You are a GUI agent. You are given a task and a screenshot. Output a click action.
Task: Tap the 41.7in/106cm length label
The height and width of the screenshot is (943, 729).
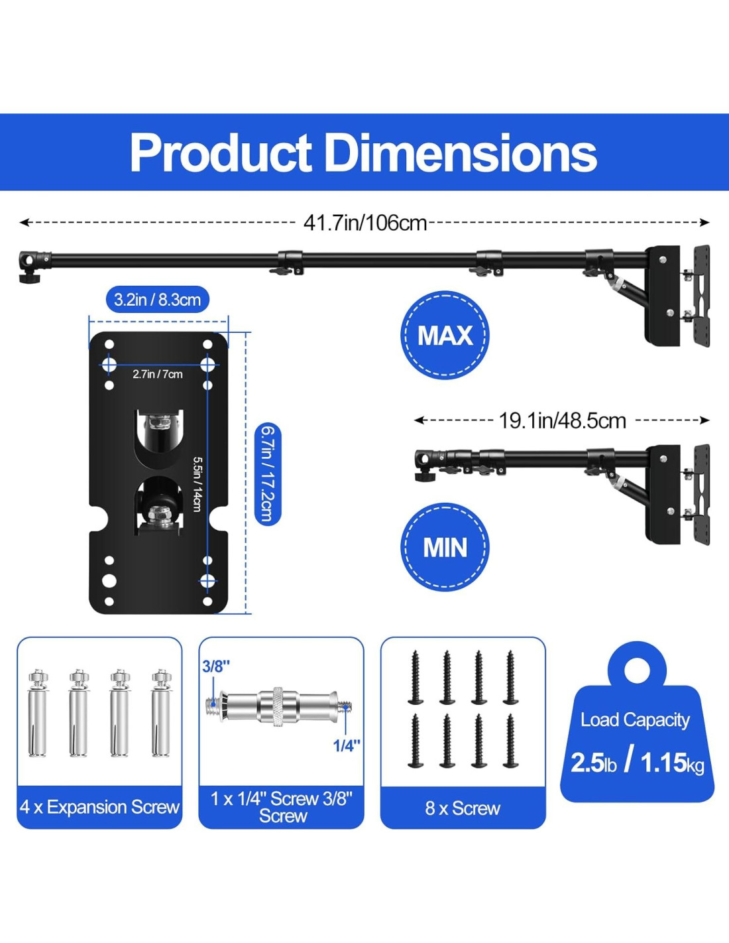point(365,223)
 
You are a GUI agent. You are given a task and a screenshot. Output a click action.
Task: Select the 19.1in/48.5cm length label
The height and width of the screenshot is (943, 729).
point(563,420)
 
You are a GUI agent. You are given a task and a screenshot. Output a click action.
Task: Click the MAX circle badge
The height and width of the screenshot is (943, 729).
point(445,335)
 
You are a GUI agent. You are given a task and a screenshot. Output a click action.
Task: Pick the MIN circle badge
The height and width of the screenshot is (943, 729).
point(445,547)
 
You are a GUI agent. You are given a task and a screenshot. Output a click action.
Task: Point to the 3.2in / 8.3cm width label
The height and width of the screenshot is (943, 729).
point(158,300)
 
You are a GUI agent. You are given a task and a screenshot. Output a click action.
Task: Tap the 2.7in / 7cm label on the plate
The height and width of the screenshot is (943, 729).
point(158,374)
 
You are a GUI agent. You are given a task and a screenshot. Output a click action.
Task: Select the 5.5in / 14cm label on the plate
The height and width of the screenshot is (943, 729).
point(197,484)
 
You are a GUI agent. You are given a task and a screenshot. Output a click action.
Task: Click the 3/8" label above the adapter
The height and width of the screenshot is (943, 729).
point(216,666)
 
